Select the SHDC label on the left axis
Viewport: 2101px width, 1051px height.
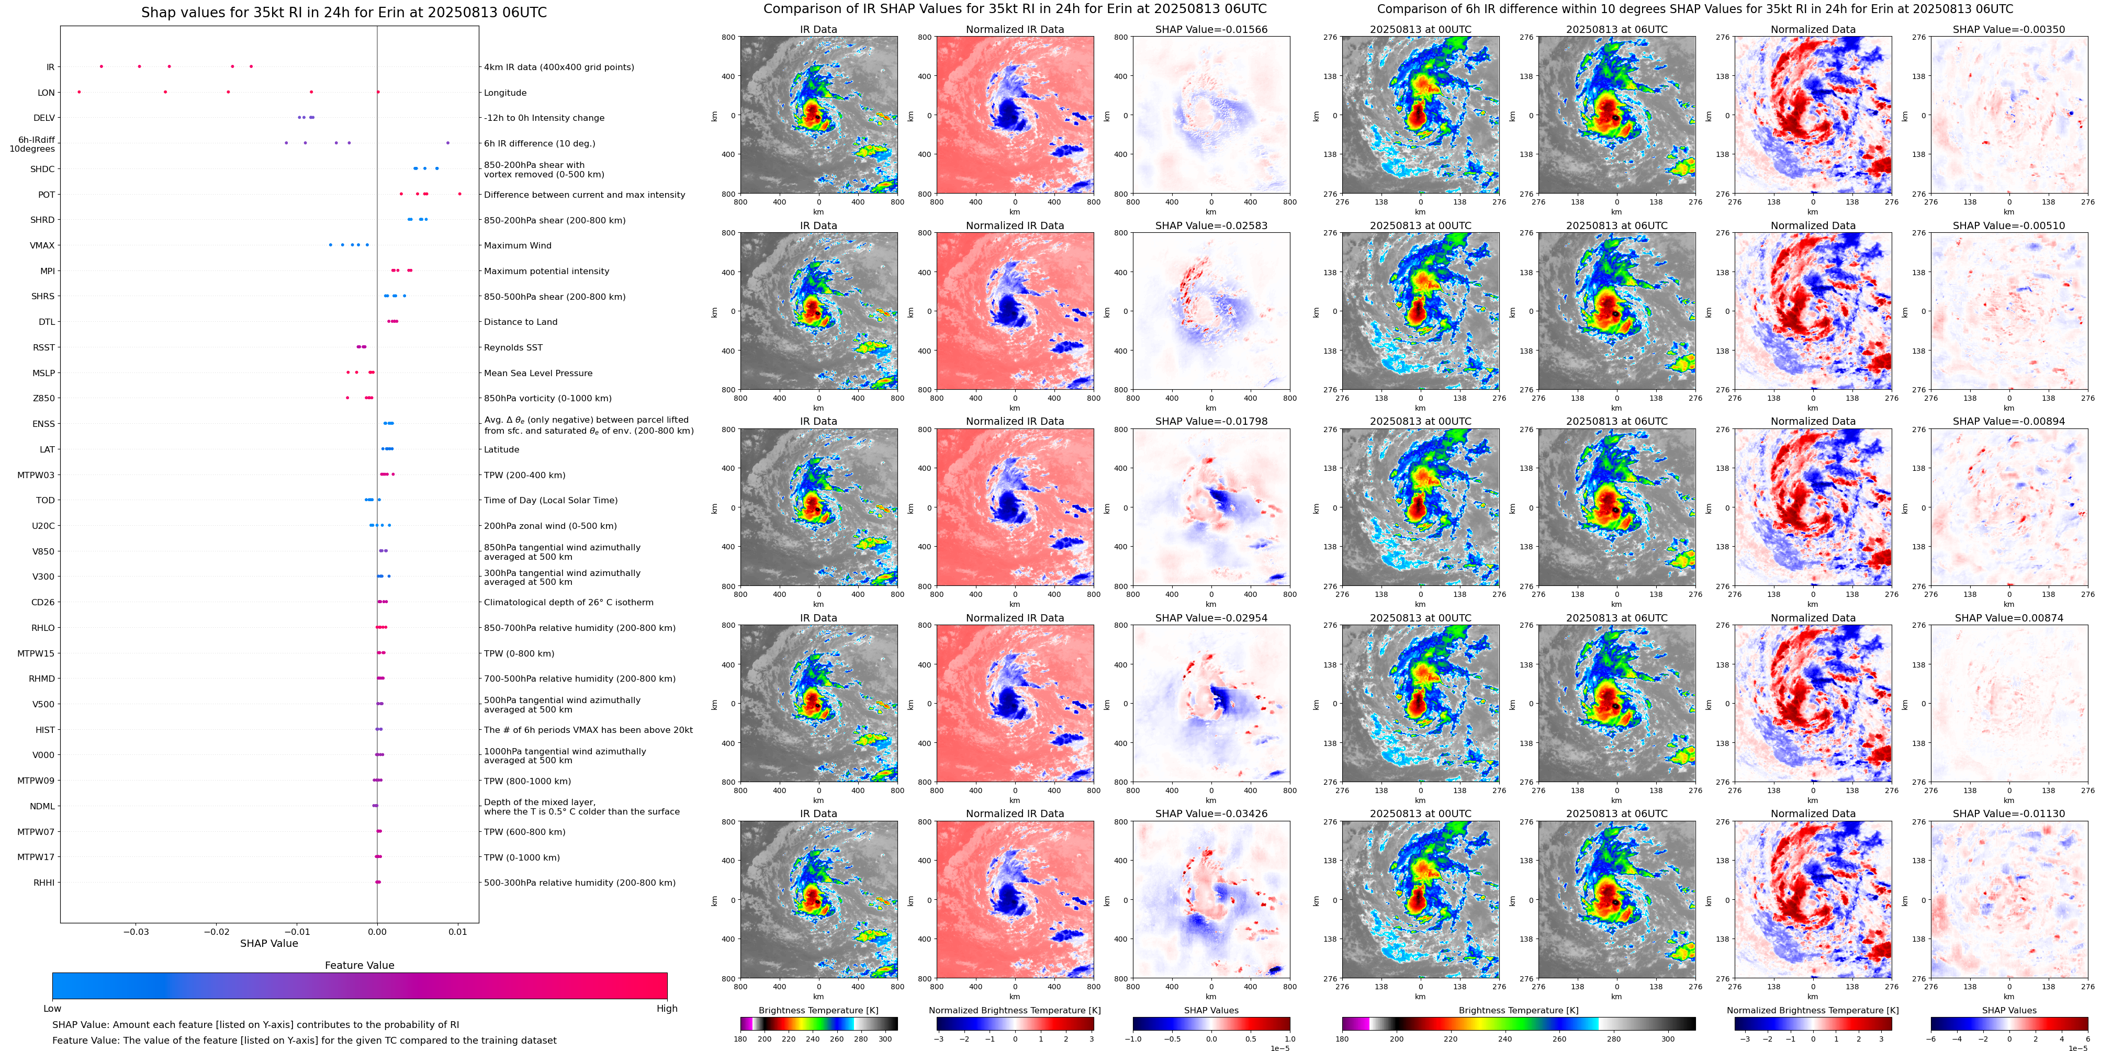tap(42, 169)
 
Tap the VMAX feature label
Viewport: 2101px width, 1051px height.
tap(42, 245)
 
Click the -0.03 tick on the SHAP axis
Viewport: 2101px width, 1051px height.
tap(136, 932)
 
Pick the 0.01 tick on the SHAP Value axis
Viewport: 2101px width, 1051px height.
tap(457, 932)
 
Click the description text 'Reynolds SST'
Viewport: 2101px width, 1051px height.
tap(513, 347)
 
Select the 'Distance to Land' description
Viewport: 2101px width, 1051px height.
tap(520, 322)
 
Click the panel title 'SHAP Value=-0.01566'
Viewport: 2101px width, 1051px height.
tap(1211, 29)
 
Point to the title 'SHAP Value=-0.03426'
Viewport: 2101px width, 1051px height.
tap(1211, 813)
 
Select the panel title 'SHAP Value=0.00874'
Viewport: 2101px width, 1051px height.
tap(2009, 618)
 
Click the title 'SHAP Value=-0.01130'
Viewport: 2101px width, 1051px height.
tap(2009, 813)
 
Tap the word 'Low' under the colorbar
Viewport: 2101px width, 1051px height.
tap(52, 1009)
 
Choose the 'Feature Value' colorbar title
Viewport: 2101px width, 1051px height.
tap(359, 965)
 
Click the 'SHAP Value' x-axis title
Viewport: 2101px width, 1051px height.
tap(269, 943)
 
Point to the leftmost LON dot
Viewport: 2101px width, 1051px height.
tap(79, 92)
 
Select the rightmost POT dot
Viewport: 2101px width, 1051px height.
tap(460, 194)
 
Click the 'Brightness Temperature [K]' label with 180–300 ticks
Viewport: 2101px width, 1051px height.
tap(818, 1010)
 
